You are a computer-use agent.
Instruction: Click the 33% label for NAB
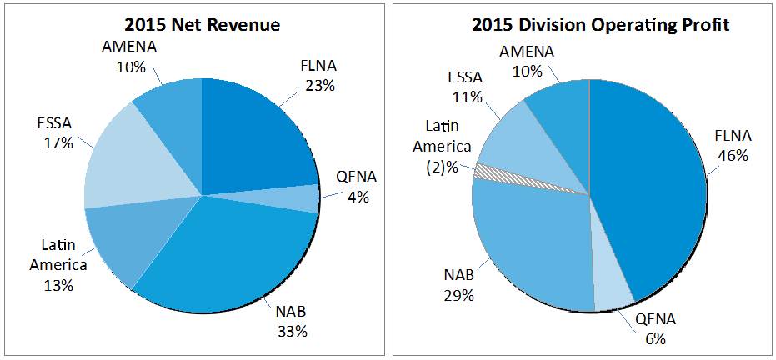coord(293,331)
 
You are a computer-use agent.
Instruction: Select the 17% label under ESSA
coord(59,142)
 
